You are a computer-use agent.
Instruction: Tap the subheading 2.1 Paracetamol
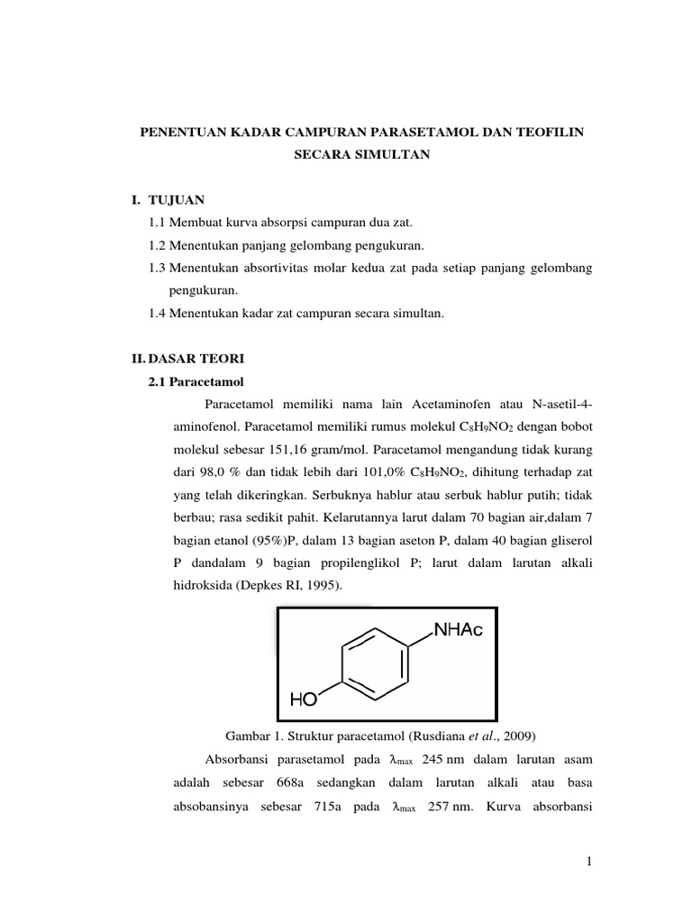[199, 380]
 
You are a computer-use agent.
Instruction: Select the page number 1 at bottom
[587, 864]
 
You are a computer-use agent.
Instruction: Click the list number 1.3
[157, 268]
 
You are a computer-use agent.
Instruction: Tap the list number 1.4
[157, 313]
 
